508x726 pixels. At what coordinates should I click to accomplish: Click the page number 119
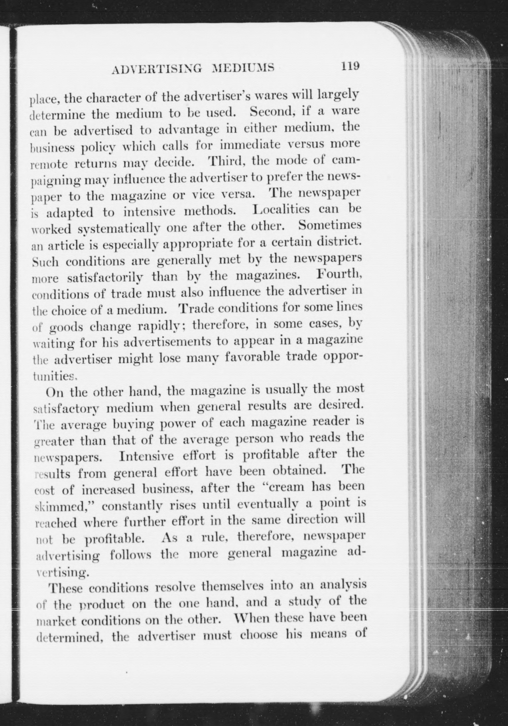click(350, 66)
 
